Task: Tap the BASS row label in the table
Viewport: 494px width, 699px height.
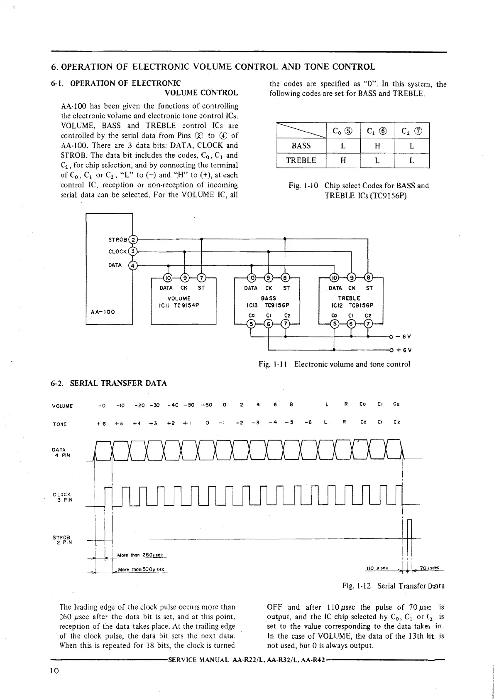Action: coord(301,146)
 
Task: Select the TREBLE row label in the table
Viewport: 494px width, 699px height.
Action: coord(301,160)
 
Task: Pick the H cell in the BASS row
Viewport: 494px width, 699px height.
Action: coord(377,146)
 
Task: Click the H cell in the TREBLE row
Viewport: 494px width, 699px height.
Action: coord(343,160)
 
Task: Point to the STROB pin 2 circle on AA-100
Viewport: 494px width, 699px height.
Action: coord(133,239)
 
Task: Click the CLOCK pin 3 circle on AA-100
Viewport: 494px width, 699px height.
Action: coord(133,251)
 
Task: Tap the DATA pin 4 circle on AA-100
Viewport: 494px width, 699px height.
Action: coord(133,265)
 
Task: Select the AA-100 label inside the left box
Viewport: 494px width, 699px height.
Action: coord(103,311)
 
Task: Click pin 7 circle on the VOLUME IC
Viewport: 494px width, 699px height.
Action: coord(201,278)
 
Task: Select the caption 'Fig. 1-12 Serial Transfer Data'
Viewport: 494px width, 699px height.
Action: coord(393,586)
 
